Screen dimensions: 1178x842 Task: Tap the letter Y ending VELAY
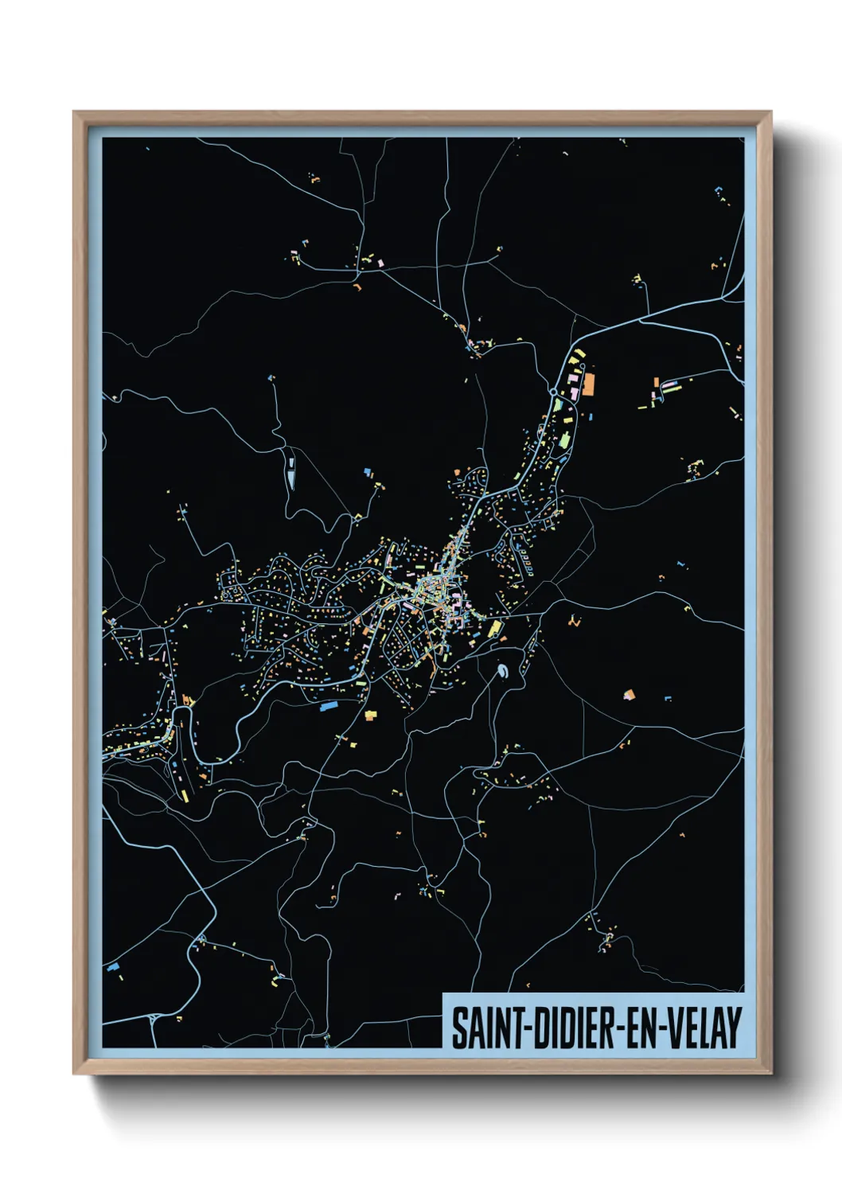(x=734, y=1028)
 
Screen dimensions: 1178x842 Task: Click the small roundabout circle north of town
(x=553, y=392)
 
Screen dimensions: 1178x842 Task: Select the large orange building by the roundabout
(x=589, y=384)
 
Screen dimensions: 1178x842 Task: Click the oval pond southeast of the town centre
(x=503, y=673)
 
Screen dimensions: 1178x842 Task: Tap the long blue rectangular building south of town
(x=329, y=705)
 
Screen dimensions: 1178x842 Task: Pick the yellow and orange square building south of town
(x=370, y=715)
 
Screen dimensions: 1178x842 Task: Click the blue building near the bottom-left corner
(x=114, y=966)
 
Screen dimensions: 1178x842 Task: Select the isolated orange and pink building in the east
(x=630, y=695)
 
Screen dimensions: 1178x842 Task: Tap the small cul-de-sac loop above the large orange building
(x=583, y=367)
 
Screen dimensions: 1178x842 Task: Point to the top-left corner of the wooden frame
(x=74, y=112)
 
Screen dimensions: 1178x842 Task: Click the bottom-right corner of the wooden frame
(x=770, y=1073)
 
